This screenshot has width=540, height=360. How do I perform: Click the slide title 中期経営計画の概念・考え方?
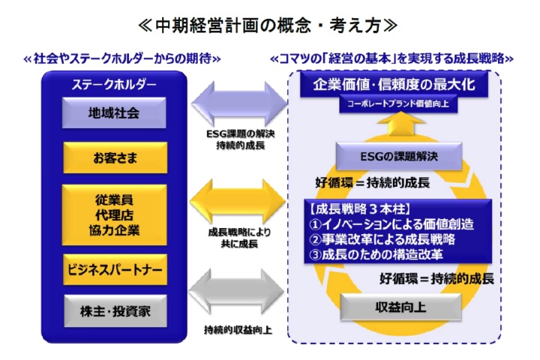tap(269, 25)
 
